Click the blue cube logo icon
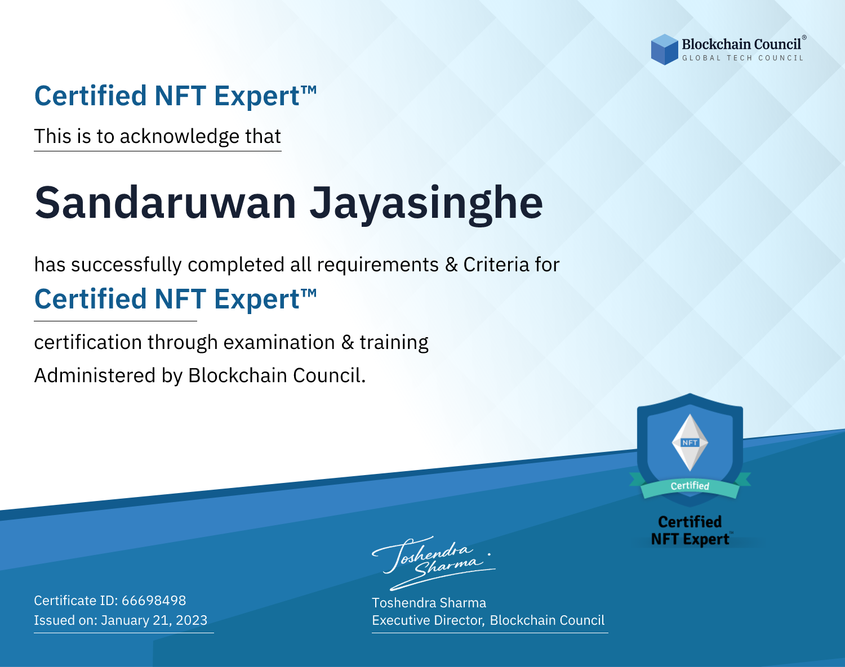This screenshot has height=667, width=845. [x=664, y=50]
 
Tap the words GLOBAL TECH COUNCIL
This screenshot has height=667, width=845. [x=742, y=58]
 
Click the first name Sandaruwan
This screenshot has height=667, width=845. [x=165, y=203]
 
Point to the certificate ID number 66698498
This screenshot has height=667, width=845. [x=154, y=600]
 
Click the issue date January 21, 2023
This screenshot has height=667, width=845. [x=154, y=620]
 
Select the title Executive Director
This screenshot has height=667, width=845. [x=428, y=620]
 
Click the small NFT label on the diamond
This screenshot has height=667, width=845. [x=690, y=442]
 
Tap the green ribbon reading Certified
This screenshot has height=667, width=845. [x=690, y=487]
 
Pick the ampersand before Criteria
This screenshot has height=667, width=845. [x=451, y=265]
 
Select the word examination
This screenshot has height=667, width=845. [x=279, y=342]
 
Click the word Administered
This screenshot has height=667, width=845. [x=95, y=375]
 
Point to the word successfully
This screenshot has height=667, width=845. [x=126, y=265]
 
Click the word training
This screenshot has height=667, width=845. [x=394, y=343]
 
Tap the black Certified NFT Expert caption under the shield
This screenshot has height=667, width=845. [x=690, y=530]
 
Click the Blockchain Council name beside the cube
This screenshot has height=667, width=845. [x=741, y=44]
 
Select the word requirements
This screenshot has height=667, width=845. [x=378, y=265]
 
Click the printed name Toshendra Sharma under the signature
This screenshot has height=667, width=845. [x=429, y=603]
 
